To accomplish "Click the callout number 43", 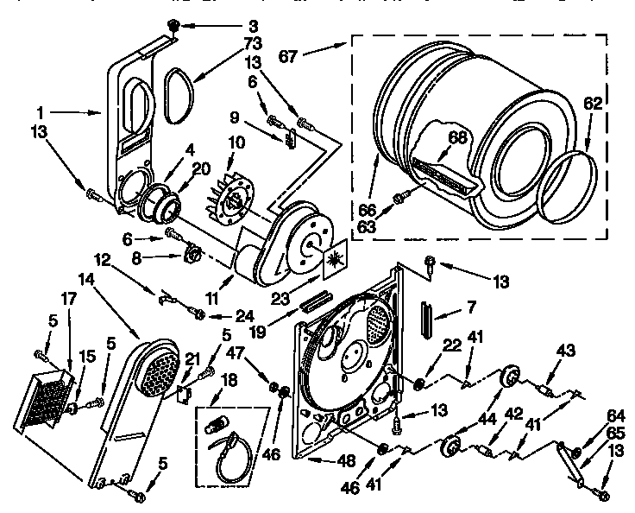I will pos(566,352).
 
